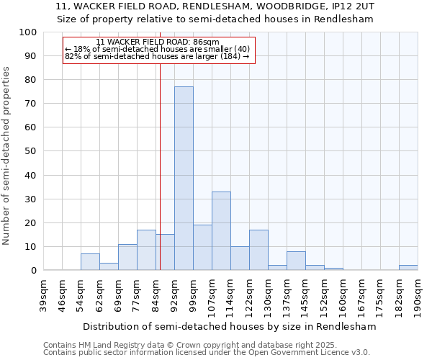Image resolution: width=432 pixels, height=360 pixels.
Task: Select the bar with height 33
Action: [221, 230]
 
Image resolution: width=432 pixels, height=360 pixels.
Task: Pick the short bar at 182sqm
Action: [408, 268]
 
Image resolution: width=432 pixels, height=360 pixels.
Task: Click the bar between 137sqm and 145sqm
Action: [296, 261]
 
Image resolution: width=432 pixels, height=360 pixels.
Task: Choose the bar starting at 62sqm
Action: [109, 266]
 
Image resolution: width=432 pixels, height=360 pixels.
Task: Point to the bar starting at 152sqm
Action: [333, 269]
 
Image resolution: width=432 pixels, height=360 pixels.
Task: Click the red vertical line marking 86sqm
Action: [160, 180]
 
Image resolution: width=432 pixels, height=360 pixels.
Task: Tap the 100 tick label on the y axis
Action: [28, 32]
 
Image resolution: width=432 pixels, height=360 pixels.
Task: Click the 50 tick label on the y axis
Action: [31, 151]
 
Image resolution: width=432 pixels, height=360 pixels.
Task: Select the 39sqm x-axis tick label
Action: [43, 295]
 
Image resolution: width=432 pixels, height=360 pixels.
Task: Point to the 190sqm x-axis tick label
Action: [418, 295]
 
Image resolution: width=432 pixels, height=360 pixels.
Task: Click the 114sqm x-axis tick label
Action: [230, 295]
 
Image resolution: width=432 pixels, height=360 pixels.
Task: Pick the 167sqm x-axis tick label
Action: [361, 295]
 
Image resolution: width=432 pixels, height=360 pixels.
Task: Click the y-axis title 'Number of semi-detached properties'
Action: [7, 156]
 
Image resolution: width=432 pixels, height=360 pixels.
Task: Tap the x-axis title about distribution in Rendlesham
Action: [230, 326]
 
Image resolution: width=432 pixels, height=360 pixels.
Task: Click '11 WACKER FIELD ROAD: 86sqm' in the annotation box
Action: [157, 42]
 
